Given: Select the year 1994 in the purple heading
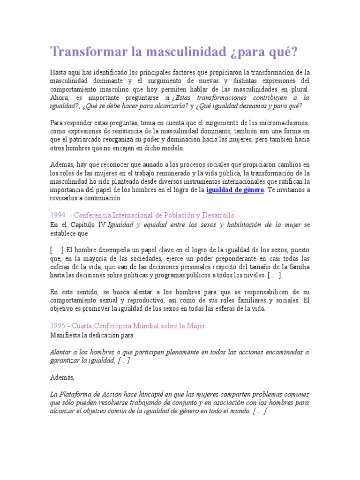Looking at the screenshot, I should tap(58, 216).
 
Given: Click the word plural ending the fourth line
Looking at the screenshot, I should tap(300, 89).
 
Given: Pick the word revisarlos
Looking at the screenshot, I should tap(66, 198).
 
